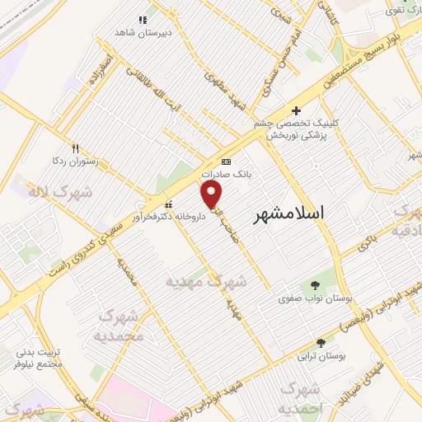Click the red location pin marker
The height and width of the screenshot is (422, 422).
click(x=212, y=195)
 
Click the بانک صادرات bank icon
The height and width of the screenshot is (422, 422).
click(x=227, y=162)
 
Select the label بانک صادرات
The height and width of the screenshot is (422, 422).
click(x=227, y=175)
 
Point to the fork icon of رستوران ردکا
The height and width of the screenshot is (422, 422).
click(x=75, y=148)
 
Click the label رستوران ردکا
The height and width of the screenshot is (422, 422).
click(x=75, y=162)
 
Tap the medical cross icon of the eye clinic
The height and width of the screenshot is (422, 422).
click(x=296, y=111)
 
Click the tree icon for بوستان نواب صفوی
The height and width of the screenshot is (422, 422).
click(x=316, y=285)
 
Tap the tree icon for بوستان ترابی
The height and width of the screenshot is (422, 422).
click(x=321, y=342)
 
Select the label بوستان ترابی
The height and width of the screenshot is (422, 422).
click(x=322, y=355)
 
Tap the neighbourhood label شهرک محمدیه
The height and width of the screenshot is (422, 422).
click(x=120, y=326)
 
